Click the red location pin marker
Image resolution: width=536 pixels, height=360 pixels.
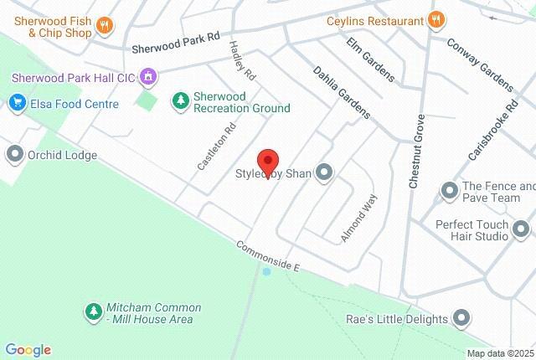click(267, 161)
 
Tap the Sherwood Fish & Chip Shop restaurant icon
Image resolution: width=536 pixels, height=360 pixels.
click(105, 25)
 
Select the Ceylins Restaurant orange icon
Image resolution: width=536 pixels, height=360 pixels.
click(435, 19)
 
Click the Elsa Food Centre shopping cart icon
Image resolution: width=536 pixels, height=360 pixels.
click(16, 104)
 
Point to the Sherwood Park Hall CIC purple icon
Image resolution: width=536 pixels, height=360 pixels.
click(148, 77)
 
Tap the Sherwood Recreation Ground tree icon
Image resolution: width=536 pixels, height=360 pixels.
click(179, 100)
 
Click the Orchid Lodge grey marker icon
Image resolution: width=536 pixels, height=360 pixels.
click(14, 154)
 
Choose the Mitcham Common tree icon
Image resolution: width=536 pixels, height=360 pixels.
click(93, 311)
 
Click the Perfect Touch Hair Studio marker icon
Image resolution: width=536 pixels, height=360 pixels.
click(521, 229)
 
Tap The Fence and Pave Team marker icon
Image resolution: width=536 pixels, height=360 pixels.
click(450, 192)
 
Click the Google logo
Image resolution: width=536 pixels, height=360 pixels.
click(28, 350)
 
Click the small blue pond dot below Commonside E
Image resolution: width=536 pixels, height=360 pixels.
click(266, 272)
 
